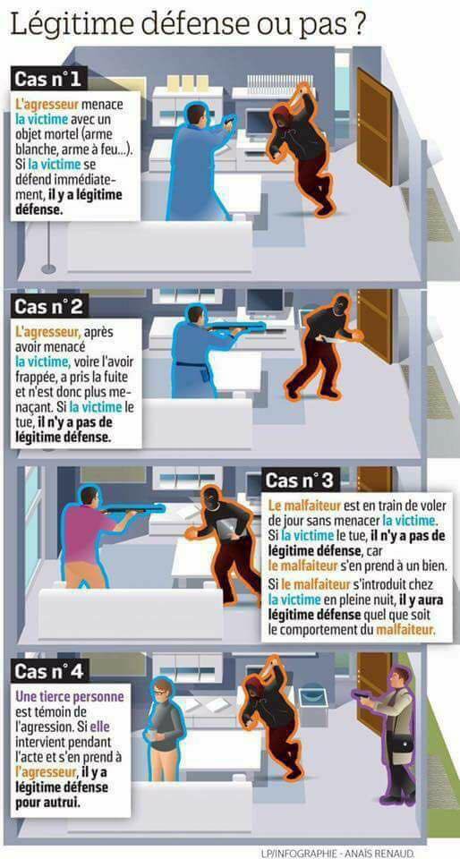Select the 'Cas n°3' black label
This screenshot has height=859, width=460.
pos(299,481)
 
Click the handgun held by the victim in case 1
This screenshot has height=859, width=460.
pos(229,119)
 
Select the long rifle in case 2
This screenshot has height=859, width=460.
pos(235,328)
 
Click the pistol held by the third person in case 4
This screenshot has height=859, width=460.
pos(362,695)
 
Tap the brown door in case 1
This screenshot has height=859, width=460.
pos(375,126)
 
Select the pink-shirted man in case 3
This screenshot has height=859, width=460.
pos(88,536)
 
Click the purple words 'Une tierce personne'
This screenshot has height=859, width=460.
pos(70,697)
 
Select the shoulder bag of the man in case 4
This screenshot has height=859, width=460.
pos(402,744)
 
